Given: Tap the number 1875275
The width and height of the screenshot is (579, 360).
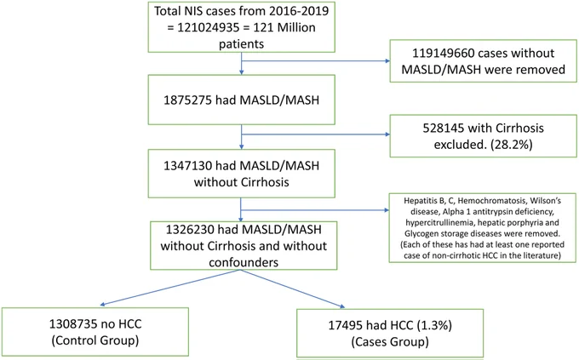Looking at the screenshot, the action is (187, 100).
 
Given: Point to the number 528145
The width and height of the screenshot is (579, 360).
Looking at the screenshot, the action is (443, 129).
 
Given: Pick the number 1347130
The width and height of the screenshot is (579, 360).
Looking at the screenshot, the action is (187, 166).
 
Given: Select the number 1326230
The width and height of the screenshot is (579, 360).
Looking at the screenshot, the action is (190, 230).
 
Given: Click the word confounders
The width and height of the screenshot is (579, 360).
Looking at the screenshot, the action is (244, 262).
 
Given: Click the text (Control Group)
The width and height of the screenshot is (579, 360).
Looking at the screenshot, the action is (95, 340).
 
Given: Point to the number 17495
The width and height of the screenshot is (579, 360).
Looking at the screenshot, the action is (345, 325).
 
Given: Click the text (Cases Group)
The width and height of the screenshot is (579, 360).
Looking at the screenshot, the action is (390, 342).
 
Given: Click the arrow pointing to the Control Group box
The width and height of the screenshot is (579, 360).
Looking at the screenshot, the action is (170, 288).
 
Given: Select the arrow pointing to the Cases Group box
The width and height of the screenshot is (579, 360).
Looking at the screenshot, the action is (293, 289).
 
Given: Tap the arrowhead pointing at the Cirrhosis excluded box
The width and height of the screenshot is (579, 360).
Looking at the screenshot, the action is (387, 134).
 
